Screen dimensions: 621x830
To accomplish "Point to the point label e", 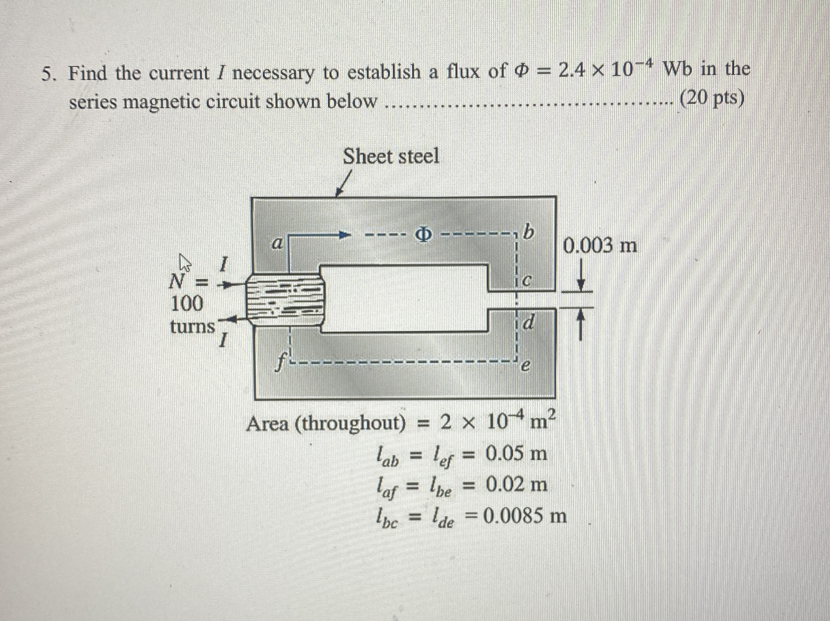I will pyautogui.click(x=526, y=367).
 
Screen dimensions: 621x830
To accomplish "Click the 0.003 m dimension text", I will pyautogui.click(x=600, y=246).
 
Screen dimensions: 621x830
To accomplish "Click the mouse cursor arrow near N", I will pyautogui.click(x=185, y=262).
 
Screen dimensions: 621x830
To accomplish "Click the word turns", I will pyautogui.click(x=192, y=327).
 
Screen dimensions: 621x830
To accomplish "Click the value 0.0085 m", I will pyautogui.click(x=525, y=516).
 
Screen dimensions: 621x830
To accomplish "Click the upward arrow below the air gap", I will pyautogui.click(x=580, y=326).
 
